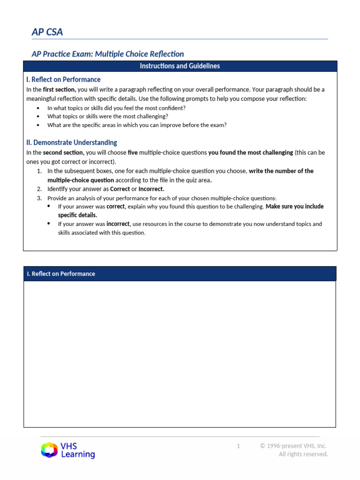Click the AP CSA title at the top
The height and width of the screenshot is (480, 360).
[47, 32]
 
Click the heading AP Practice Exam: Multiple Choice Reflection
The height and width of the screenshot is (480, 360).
[107, 54]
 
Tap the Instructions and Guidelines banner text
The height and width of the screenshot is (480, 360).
[180, 66]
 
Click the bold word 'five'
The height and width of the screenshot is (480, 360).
[133, 153]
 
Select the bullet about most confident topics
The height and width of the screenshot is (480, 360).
[116, 107]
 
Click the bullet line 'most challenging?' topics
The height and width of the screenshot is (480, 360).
[107, 116]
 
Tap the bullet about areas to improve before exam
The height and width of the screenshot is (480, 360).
[137, 125]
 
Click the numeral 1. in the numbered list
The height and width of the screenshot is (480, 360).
[39, 171]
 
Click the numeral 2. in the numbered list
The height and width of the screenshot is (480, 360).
[39, 189]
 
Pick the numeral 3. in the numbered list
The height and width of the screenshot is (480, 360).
[39, 198]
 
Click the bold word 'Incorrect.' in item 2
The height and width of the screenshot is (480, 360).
[151, 189]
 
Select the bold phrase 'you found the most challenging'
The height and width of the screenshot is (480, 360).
[250, 153]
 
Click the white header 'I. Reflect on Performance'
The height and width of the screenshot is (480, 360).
[61, 274]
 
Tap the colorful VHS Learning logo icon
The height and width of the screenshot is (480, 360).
[49, 450]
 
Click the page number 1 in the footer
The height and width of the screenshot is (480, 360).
[238, 446]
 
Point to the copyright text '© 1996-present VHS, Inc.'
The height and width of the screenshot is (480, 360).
[293, 446]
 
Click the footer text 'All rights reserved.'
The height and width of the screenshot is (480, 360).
[303, 454]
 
